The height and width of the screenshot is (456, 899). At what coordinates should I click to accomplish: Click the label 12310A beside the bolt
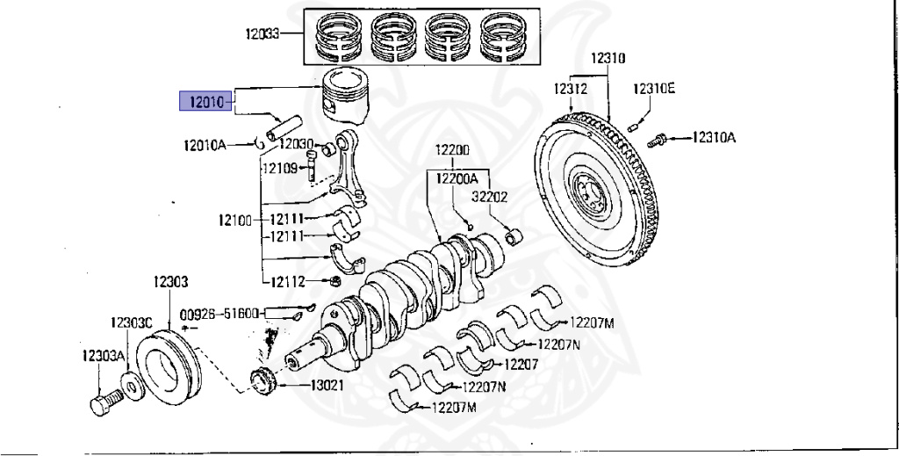[x=713, y=137]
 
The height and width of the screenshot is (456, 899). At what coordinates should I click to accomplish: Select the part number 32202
[x=489, y=198]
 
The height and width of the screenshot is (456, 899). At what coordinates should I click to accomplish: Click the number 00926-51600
[x=219, y=312]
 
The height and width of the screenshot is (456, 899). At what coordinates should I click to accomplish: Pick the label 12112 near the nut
[x=288, y=281]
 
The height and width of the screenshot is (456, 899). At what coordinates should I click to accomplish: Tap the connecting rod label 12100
[x=234, y=220]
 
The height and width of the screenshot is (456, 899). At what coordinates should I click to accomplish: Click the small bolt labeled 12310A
[x=656, y=139]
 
